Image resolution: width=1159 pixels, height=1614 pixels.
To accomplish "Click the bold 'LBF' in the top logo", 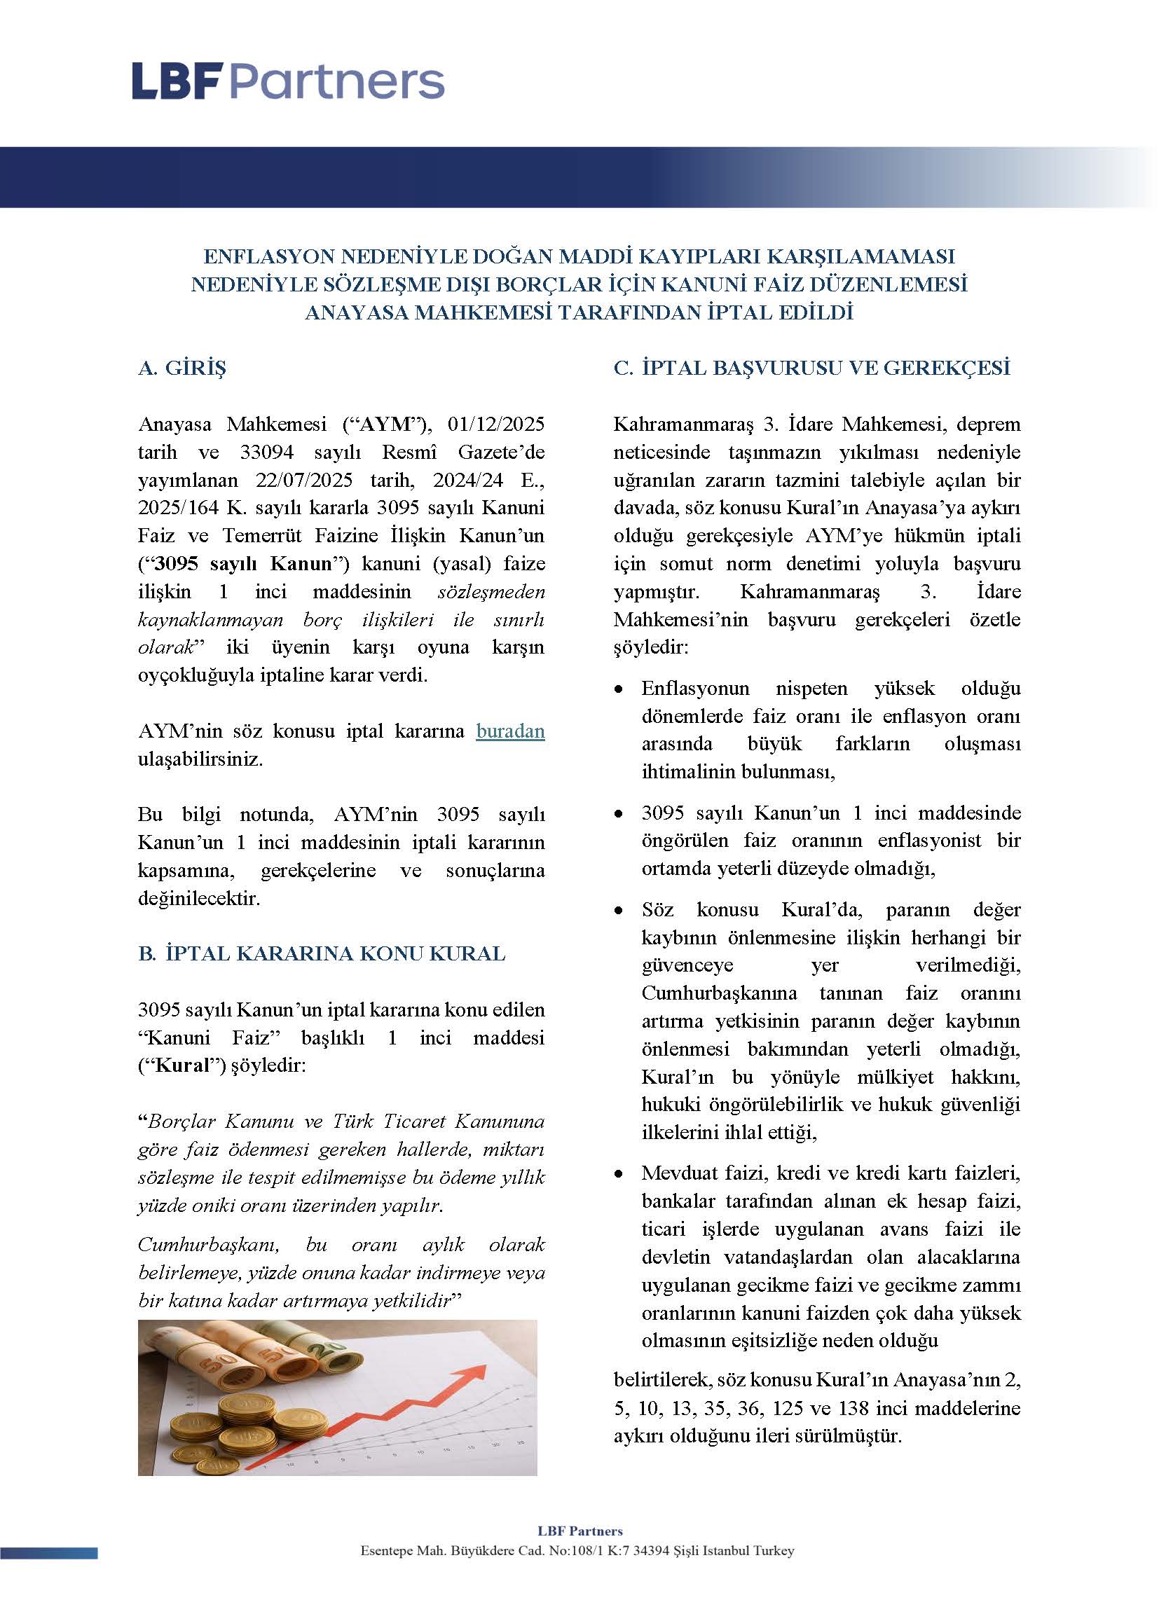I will tap(178, 82).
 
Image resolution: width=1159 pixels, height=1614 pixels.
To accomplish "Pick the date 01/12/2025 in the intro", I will tap(495, 425).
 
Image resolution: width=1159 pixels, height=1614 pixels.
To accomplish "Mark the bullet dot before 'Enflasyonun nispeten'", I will tap(621, 689).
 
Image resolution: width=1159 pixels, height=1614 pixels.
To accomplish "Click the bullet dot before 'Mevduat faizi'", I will tap(621, 1173).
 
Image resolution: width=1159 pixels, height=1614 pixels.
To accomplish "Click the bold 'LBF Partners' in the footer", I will tap(579, 1531).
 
